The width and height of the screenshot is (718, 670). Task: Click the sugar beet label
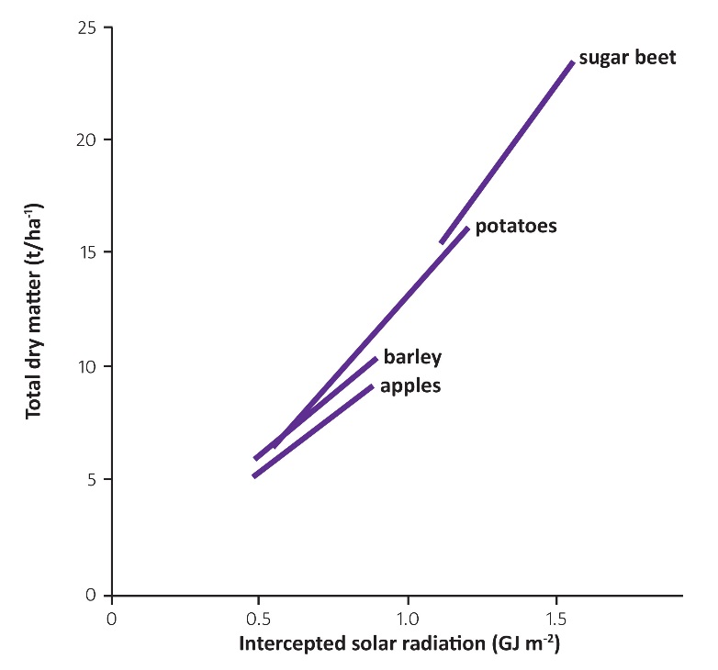627,58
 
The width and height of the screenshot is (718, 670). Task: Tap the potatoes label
517,225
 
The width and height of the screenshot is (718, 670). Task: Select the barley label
413,356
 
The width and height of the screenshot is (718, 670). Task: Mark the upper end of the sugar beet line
572,61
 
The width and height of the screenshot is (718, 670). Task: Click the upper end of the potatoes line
467,228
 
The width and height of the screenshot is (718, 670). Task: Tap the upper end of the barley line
376,358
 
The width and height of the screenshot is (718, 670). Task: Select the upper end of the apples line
371,386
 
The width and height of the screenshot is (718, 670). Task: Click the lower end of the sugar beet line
442,242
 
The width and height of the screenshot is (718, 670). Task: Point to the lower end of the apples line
254,475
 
